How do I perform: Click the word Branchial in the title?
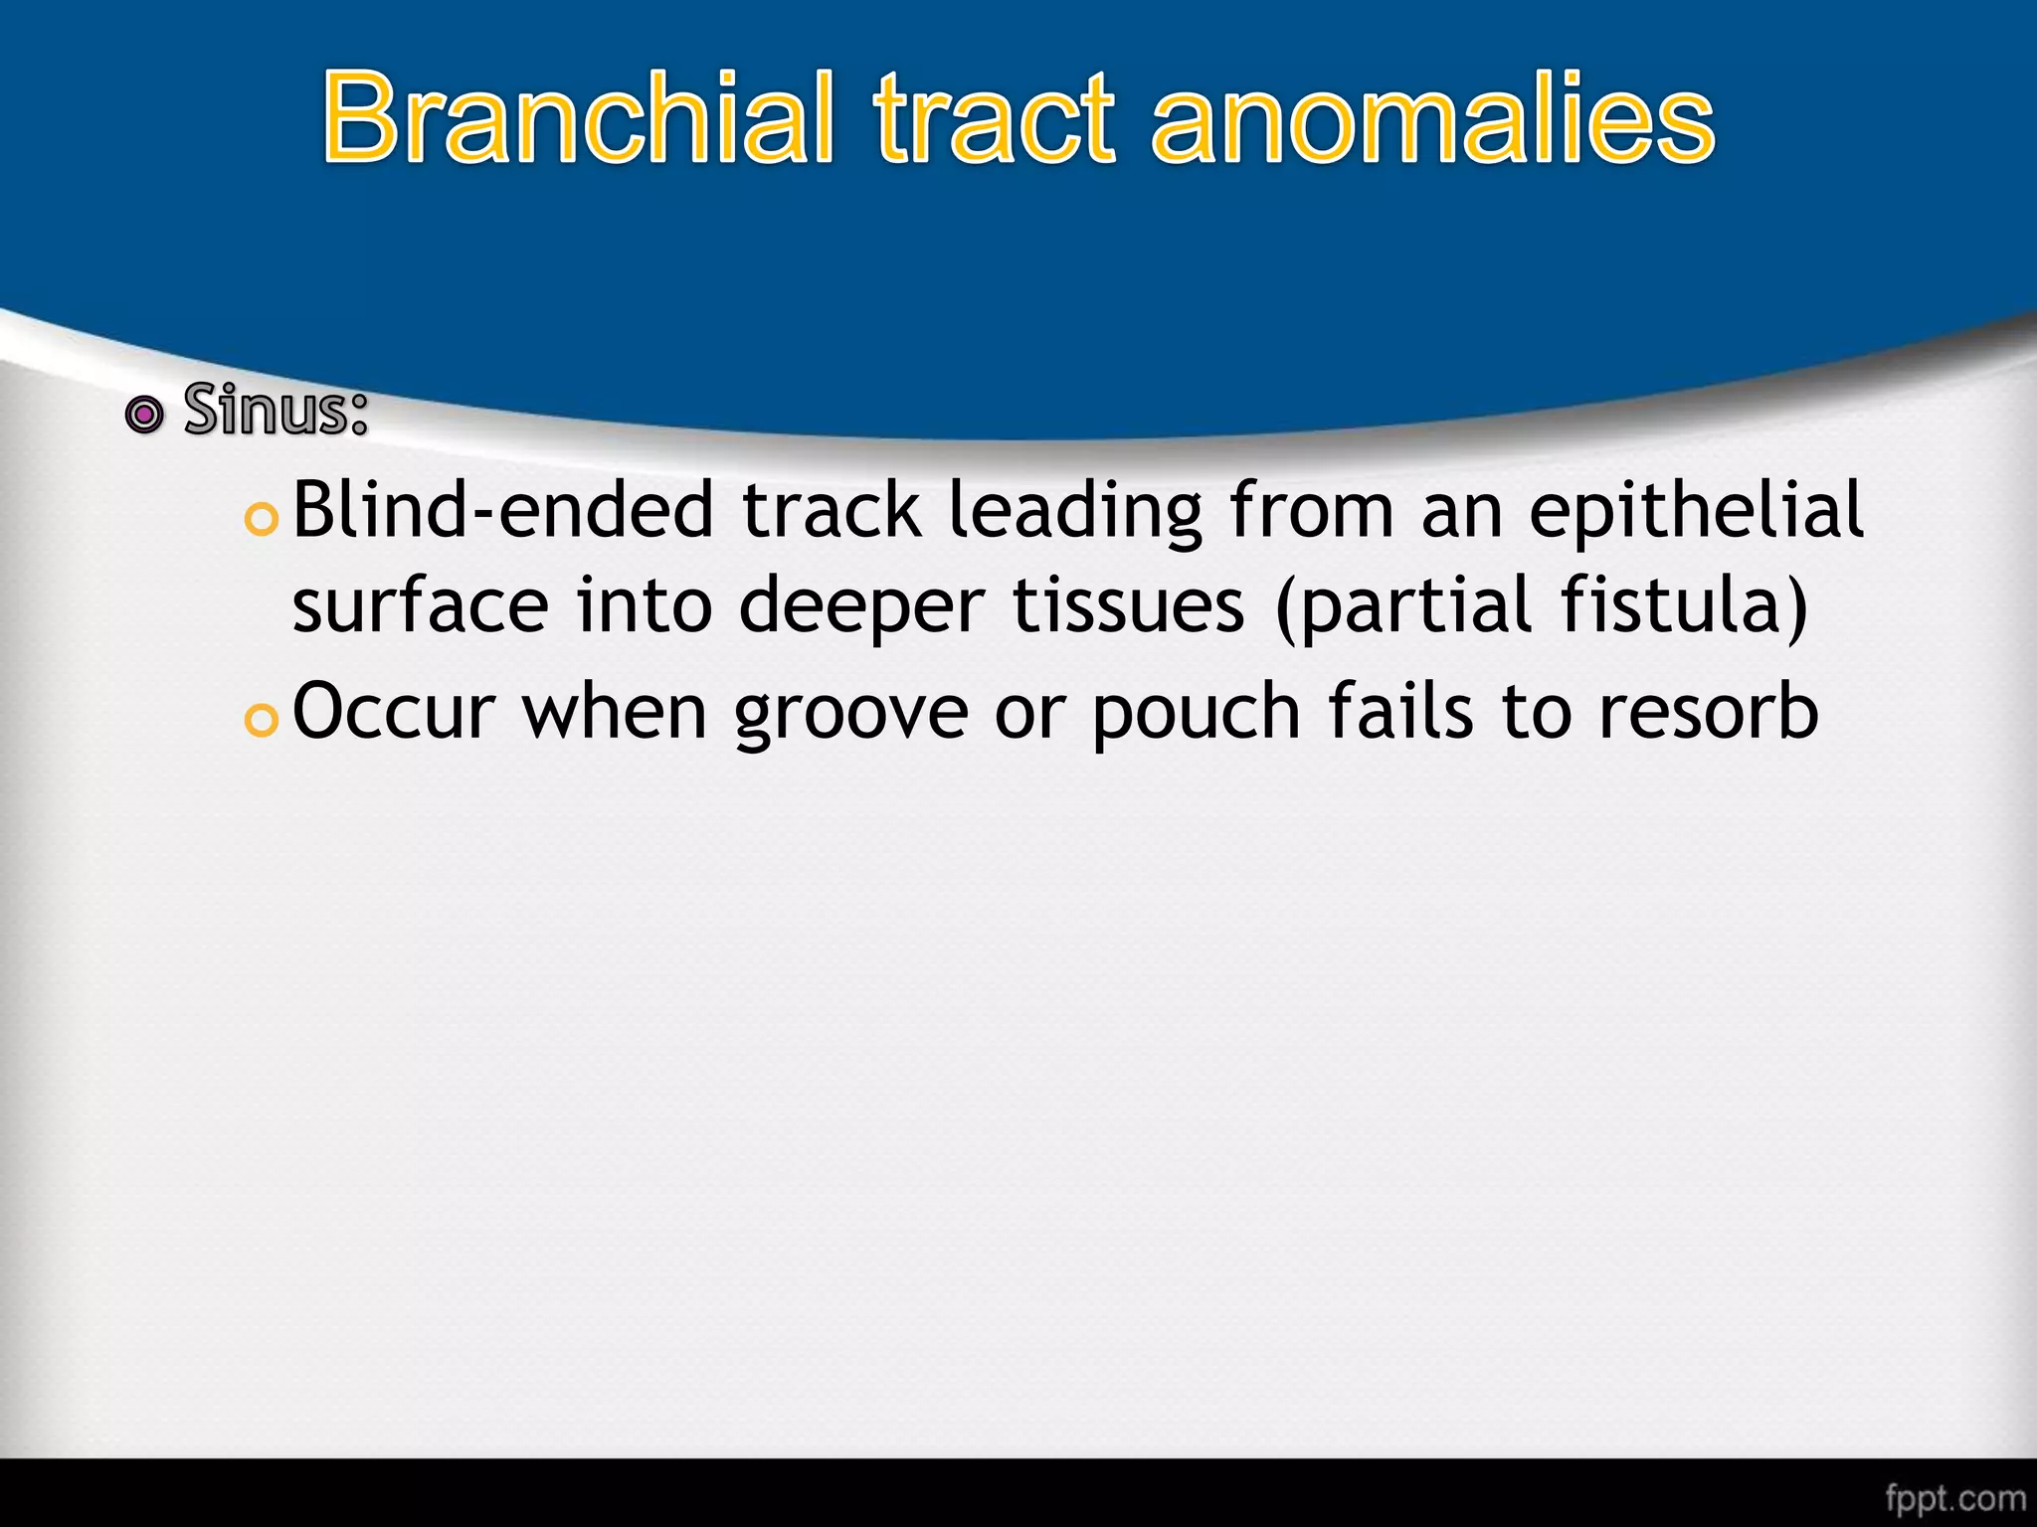[578, 119]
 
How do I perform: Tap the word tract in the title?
[995, 119]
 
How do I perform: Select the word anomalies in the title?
[1433, 119]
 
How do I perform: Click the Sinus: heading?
[276, 410]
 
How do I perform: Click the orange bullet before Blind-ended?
[261, 519]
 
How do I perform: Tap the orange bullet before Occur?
[261, 721]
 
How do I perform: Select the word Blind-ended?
[503, 509]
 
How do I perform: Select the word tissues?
[1128, 605]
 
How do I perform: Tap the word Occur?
[394, 712]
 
